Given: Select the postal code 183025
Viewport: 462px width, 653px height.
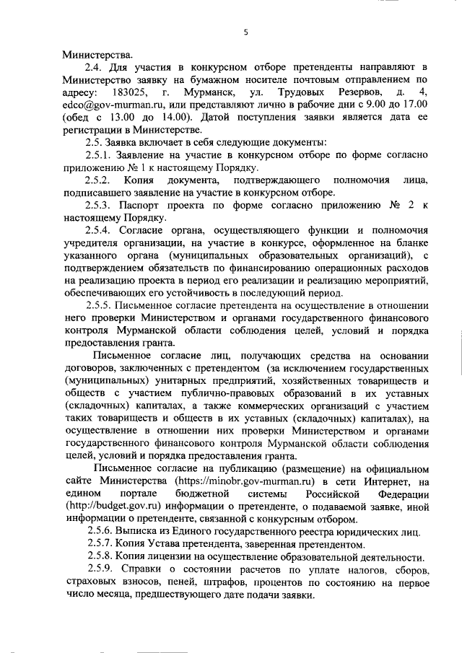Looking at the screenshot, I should click(131, 92).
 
